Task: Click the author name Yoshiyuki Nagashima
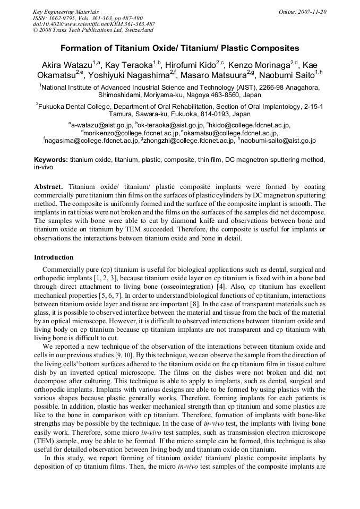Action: pos(128,75)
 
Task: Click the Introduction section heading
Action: pos(54,257)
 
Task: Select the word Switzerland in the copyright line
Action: pos(136,30)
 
